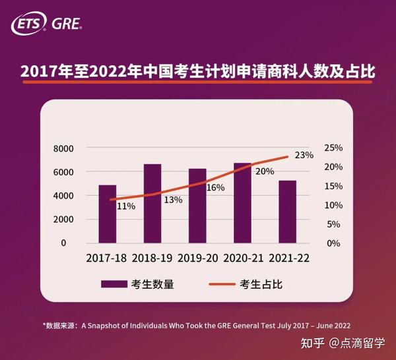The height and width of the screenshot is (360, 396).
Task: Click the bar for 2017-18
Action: click(108, 214)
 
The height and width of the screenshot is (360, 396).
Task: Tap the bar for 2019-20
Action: click(197, 206)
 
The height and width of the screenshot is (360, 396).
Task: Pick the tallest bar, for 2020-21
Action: click(242, 202)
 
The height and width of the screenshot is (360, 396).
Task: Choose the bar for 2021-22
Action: click(287, 211)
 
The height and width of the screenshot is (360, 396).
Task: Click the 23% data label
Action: click(304, 156)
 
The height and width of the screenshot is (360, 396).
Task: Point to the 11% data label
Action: click(126, 206)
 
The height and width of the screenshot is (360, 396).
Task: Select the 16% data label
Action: click(216, 188)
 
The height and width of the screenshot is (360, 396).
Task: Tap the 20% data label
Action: click(265, 171)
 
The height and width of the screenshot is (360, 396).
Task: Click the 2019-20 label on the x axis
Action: click(197, 258)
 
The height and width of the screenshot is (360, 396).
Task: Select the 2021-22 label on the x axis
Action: click(287, 258)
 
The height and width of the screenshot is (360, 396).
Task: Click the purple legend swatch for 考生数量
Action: click(114, 285)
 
